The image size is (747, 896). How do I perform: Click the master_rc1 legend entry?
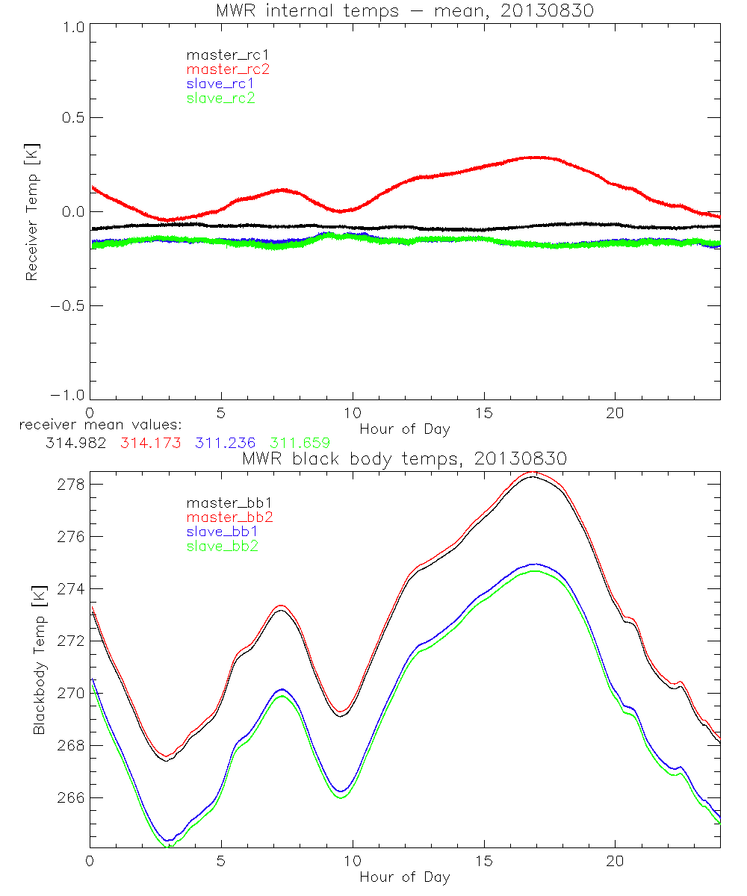pyautogui.click(x=221, y=55)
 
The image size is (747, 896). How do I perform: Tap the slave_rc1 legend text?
pyautogui.click(x=220, y=84)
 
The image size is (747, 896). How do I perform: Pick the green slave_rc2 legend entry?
pyautogui.click(x=220, y=98)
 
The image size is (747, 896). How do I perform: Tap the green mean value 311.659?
pyautogui.click(x=299, y=443)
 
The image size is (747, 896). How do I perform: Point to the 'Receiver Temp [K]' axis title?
pyautogui.click(x=31, y=214)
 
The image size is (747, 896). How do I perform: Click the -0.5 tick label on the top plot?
pyautogui.click(x=69, y=306)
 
